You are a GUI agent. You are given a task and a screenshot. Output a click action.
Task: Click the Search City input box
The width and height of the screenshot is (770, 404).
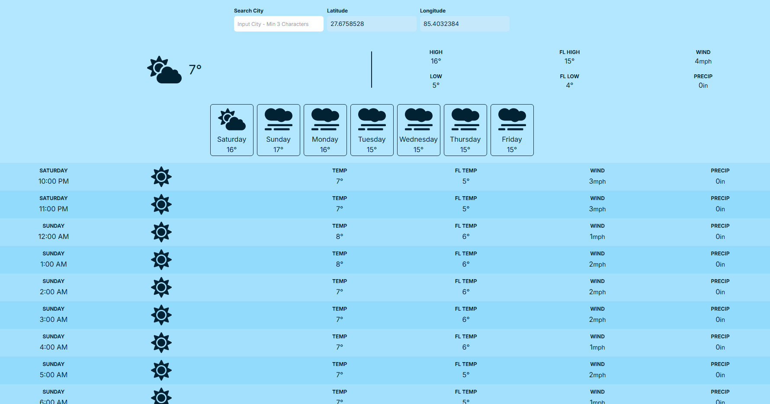279,24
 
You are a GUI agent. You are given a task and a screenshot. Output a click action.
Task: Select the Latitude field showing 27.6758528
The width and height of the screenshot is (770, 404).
371,24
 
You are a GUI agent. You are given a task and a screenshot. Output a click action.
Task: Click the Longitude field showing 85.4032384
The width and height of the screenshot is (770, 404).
464,24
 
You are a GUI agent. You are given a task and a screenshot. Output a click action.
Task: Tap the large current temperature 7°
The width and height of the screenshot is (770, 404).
195,70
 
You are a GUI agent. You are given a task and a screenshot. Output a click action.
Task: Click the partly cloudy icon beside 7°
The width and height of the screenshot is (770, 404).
164,70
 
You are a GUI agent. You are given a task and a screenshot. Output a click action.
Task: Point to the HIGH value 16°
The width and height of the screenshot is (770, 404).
436,61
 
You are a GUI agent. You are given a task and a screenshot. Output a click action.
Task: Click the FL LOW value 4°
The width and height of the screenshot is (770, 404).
569,86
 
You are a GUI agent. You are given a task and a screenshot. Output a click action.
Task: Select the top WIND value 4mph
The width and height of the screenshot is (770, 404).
703,61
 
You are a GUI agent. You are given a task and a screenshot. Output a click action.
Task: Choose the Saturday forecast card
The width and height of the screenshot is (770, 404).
232,130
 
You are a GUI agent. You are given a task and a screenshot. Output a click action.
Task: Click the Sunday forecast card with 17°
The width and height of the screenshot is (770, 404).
279,130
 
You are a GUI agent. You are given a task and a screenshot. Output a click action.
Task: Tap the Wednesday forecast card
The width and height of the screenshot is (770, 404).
419,130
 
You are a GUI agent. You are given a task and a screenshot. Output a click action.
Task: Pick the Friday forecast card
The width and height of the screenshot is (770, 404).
512,130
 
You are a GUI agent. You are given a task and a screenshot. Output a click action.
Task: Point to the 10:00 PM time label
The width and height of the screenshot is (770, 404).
54,181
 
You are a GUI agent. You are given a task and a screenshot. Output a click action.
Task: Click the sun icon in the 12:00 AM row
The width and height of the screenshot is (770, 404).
161,232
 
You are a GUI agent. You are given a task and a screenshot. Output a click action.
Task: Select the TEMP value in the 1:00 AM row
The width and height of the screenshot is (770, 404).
340,264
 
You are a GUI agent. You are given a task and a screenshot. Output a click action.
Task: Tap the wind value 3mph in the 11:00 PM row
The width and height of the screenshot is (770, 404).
597,209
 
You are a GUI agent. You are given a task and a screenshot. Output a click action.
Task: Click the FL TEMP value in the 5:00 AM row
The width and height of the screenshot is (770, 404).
466,375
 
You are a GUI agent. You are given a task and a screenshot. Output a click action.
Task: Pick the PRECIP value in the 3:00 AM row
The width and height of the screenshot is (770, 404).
720,320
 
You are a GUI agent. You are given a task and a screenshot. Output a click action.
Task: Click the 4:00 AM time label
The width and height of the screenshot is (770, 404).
54,347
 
